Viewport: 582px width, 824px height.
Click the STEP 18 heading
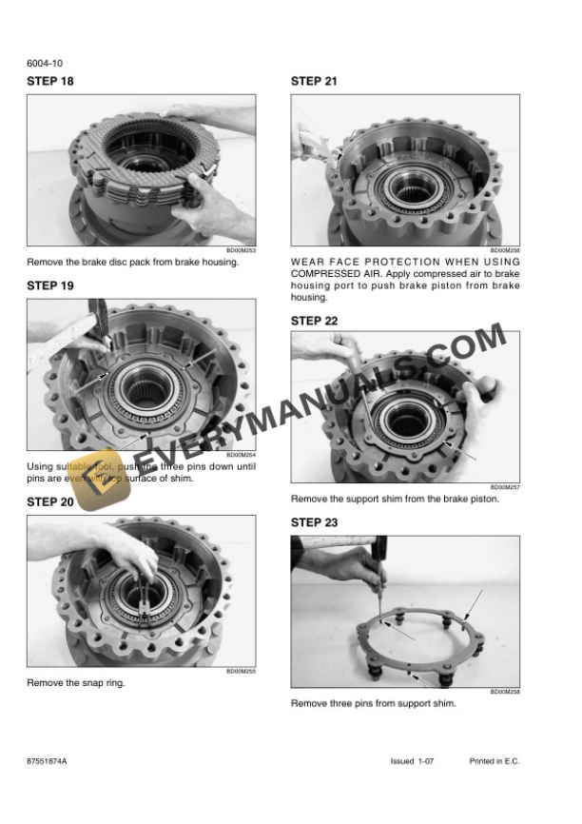pos(49,82)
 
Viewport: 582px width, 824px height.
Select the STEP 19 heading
pos(49,285)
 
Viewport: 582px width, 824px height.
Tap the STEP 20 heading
pos(49,501)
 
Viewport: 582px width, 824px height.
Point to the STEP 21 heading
pos(314,82)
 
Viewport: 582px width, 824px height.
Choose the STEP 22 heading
pos(314,321)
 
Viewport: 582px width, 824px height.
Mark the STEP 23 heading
pos(314,522)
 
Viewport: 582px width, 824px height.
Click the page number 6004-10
pos(45,64)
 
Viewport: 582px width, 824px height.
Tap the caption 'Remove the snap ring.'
pos(76,683)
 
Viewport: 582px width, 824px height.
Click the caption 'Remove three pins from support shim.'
pos(373,704)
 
